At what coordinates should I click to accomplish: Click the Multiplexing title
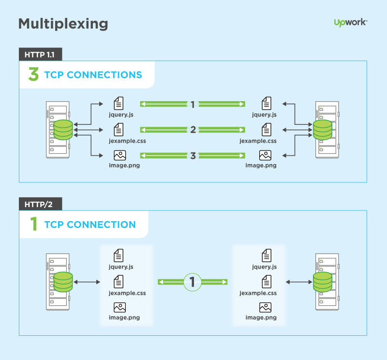pos(63,24)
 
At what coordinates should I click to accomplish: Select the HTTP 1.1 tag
pos(40,54)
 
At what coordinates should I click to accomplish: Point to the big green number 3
pos(33,75)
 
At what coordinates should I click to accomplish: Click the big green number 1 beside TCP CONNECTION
pos(33,225)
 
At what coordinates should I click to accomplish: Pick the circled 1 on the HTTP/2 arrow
pos(193,282)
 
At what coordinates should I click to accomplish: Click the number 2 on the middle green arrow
pos(193,130)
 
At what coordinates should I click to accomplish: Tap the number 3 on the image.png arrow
pos(193,156)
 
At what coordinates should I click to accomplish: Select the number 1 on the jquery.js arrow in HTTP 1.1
pos(193,104)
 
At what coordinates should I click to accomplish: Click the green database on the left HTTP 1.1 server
pos(63,129)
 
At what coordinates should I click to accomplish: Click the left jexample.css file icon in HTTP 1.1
pos(119,129)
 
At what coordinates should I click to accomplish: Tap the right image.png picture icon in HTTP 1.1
pos(265,155)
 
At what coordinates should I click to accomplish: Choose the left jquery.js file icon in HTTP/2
pos(119,255)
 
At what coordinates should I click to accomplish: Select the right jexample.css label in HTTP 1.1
pos(258,141)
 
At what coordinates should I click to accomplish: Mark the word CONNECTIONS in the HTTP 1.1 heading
pos(104,75)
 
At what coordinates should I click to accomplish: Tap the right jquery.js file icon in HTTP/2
pos(266,255)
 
